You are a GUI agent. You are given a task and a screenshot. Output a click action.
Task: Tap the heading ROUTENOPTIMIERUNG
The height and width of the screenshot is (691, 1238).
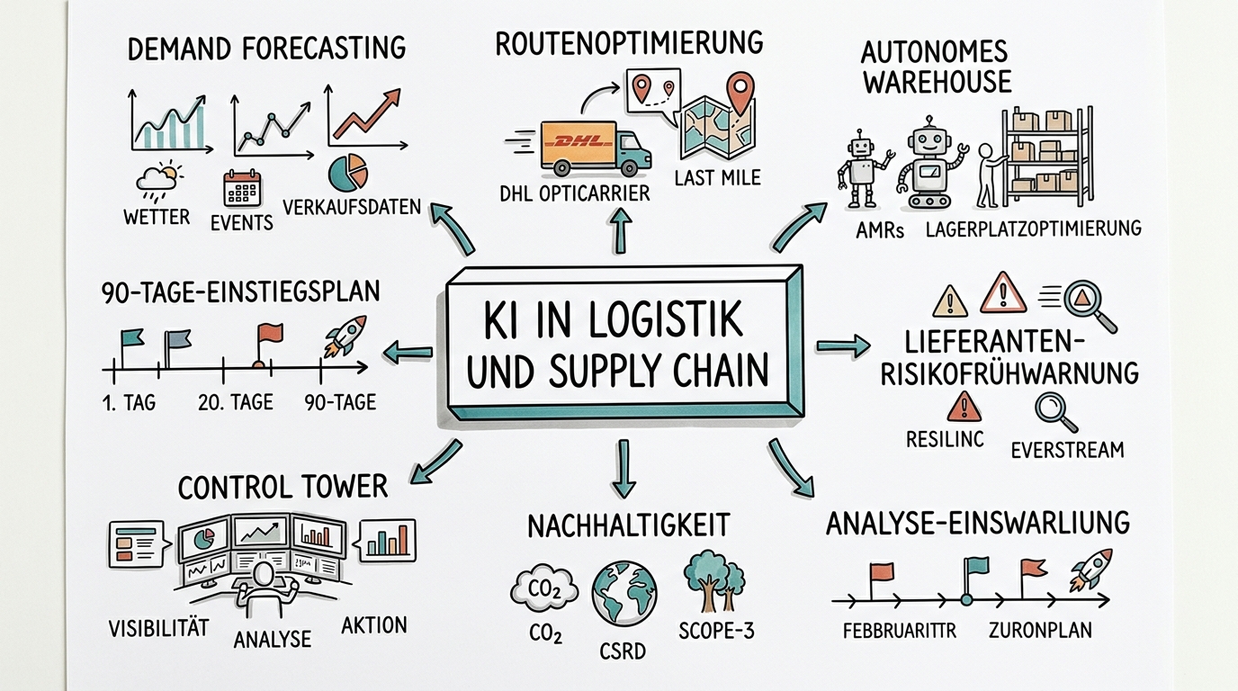[629, 42]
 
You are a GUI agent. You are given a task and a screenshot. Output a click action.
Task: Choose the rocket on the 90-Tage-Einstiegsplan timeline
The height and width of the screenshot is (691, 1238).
[345, 337]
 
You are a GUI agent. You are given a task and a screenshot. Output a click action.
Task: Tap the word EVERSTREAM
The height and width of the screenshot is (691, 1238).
[1067, 450]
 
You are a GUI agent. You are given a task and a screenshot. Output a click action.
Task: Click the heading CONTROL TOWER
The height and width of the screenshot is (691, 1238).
[283, 487]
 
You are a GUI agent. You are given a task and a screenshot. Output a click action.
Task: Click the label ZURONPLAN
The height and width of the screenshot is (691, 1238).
[1039, 630]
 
